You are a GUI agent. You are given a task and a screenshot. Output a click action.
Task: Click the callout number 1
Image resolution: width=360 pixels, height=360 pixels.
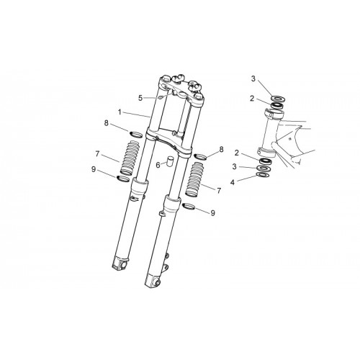tap(120, 112)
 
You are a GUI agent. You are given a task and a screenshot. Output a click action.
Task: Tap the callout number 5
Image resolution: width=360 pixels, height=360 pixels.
tap(140, 98)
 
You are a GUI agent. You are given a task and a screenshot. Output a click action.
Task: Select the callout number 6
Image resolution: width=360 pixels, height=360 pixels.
tap(158, 165)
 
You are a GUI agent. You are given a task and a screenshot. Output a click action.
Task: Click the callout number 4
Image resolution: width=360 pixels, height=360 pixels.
tap(232, 182)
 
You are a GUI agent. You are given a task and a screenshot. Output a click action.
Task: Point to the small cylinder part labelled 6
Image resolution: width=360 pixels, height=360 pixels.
tap(170, 161)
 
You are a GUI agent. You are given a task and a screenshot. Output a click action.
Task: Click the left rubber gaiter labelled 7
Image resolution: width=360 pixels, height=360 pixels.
tap(130, 158)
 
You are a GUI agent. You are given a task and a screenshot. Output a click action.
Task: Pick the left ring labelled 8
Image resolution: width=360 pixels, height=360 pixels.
tap(136, 134)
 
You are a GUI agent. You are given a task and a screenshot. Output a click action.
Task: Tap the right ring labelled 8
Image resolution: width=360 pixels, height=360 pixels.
tap(201, 156)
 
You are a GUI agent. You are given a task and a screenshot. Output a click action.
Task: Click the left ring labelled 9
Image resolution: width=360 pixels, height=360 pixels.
tap(123, 179)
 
